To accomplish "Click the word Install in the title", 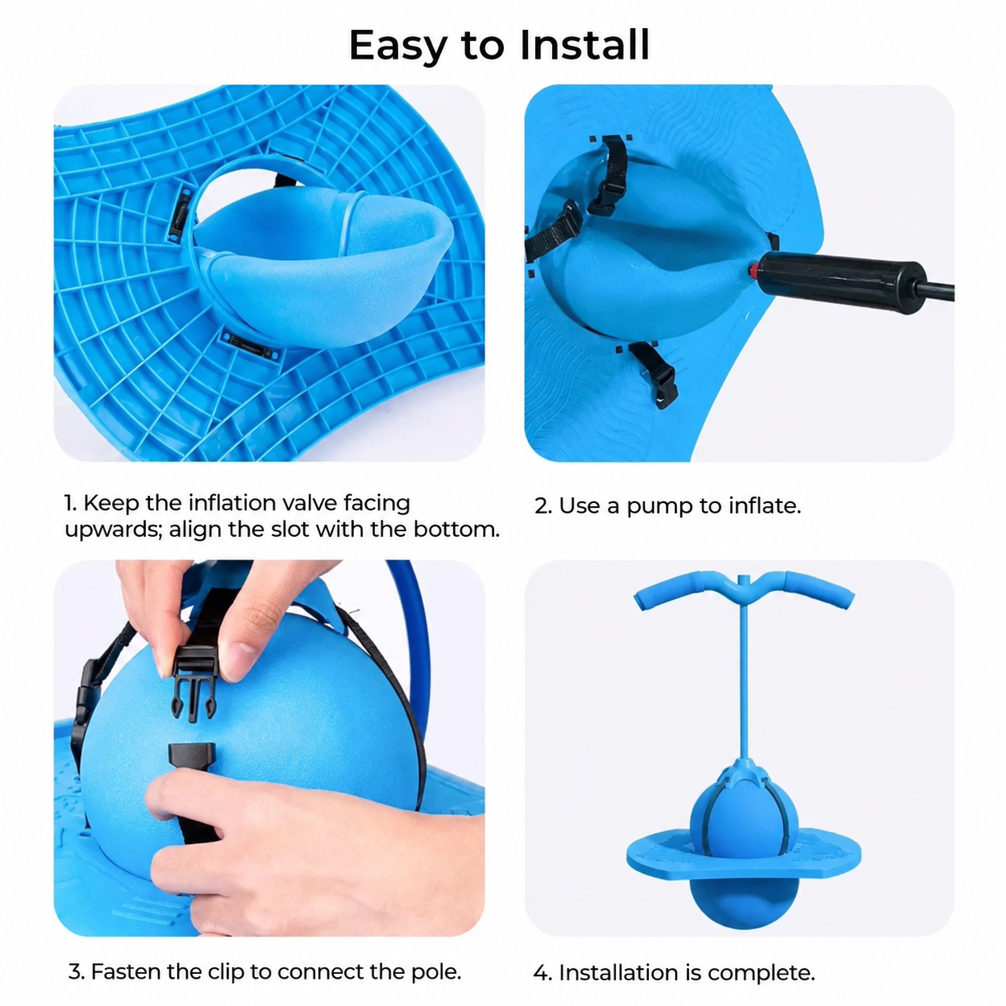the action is pyautogui.click(x=585, y=46).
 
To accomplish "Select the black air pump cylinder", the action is pyautogui.click(x=841, y=282).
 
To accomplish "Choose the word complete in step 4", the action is pyautogui.click(x=761, y=972).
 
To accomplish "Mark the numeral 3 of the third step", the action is pyautogui.click(x=76, y=972).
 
